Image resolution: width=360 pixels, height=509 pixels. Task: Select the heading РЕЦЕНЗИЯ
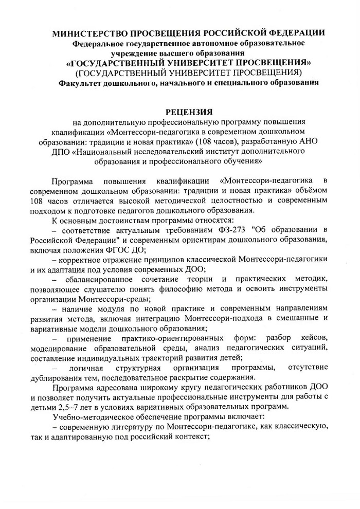tap(189, 111)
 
